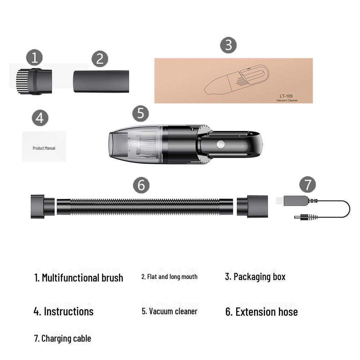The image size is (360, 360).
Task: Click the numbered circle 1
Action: [35, 58]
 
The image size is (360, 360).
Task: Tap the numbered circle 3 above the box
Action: [228, 45]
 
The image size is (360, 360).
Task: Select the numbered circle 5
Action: [140, 113]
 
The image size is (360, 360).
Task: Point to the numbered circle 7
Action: [307, 185]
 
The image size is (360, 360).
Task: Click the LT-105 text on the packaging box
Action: [286, 96]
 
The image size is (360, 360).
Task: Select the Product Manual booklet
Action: [44, 147]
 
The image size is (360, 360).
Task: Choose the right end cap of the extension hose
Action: [252, 207]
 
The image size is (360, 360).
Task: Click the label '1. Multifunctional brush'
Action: [78, 278]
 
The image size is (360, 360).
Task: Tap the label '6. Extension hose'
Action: [261, 312]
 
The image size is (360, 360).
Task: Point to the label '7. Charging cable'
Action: [62, 338]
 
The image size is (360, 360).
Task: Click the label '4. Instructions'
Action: [63, 311]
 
